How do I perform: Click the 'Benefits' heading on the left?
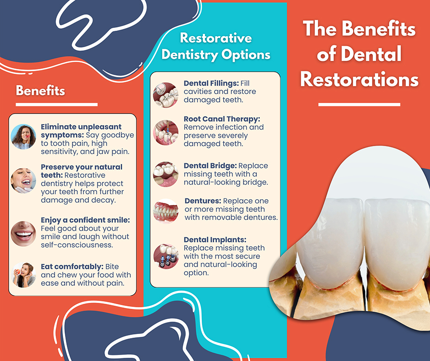click(x=40, y=90)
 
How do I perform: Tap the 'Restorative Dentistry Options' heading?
click(x=216, y=46)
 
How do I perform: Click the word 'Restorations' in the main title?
click(x=359, y=79)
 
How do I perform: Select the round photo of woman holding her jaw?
click(x=23, y=137)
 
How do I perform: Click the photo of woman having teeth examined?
click(x=23, y=180)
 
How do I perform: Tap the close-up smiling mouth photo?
click(x=23, y=234)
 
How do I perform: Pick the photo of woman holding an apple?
click(x=23, y=275)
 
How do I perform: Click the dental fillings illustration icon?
click(x=166, y=95)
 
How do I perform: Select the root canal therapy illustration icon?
click(x=166, y=133)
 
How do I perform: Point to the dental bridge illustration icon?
click(x=166, y=174)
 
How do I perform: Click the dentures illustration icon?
click(x=166, y=211)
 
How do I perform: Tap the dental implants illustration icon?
click(x=166, y=257)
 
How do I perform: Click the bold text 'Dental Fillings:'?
click(x=211, y=83)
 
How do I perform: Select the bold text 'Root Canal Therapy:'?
click(x=222, y=119)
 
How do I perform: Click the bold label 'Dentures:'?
click(x=203, y=201)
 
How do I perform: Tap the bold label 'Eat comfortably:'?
click(x=72, y=267)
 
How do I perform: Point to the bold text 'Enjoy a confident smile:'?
click(x=85, y=220)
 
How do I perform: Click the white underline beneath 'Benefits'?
click(x=56, y=104)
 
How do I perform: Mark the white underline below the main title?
click(x=359, y=104)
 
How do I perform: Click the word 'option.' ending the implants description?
click(x=196, y=273)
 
